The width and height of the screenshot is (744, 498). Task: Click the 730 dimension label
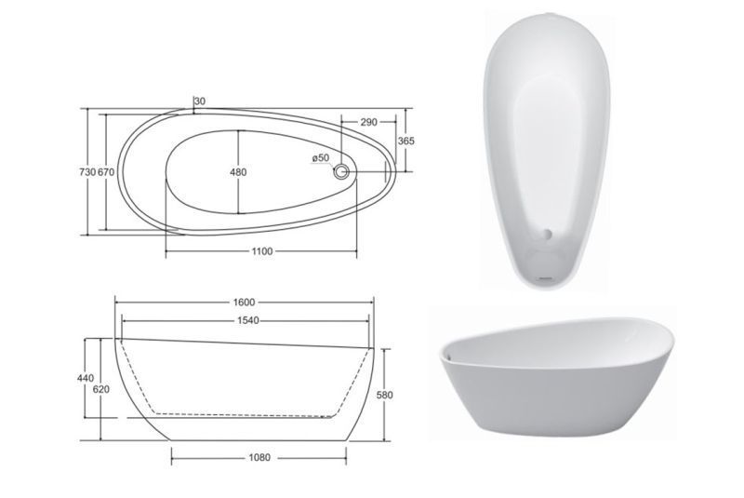pyautogui.click(x=87, y=172)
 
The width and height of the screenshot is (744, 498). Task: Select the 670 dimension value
pyautogui.click(x=106, y=172)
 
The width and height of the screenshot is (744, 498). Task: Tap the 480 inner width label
pyautogui.click(x=238, y=172)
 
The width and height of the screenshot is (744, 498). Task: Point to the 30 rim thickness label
pyautogui.click(x=200, y=101)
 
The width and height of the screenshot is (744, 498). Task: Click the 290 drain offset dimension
pyautogui.click(x=368, y=122)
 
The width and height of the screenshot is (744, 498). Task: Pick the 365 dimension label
pyautogui.click(x=405, y=141)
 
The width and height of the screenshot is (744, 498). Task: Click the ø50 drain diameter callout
pyautogui.click(x=321, y=157)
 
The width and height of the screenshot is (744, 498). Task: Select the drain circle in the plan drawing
pyautogui.click(x=340, y=171)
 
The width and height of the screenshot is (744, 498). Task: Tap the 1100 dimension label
pyautogui.click(x=262, y=251)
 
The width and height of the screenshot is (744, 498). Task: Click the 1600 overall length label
pyautogui.click(x=244, y=302)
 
